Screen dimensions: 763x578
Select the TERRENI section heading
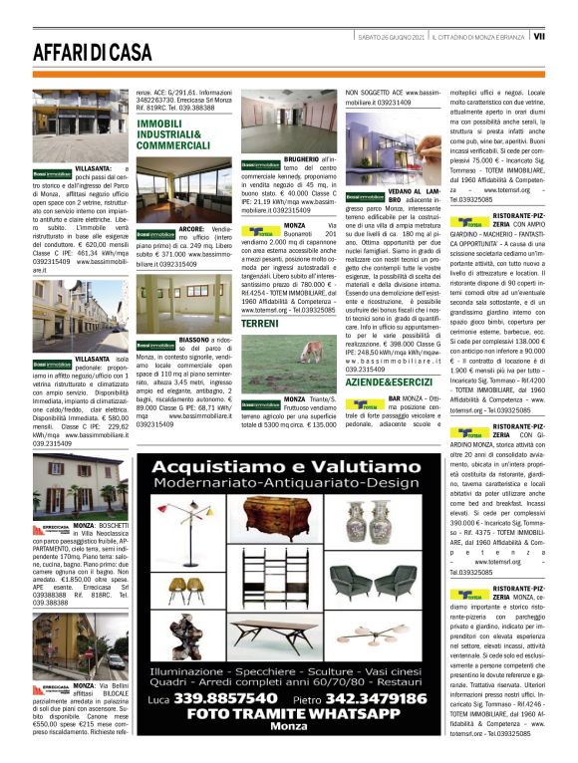pos(260,325)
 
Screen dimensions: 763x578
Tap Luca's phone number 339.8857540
pos(219,699)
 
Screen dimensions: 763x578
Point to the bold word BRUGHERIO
pos(302,158)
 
